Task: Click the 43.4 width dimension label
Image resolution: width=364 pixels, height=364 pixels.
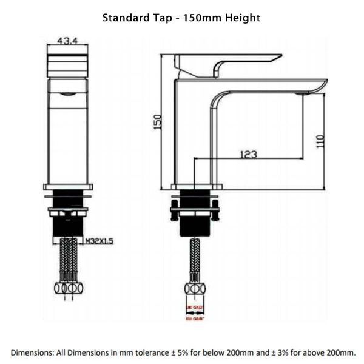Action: [67, 41]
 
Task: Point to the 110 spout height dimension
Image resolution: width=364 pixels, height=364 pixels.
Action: [321, 141]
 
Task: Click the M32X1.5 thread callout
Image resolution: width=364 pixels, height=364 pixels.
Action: [99, 241]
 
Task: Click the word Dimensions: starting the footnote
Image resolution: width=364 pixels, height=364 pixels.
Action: [31, 352]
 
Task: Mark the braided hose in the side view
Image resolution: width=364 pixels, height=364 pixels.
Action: [195, 258]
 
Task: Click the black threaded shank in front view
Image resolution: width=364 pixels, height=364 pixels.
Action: [67, 226]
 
